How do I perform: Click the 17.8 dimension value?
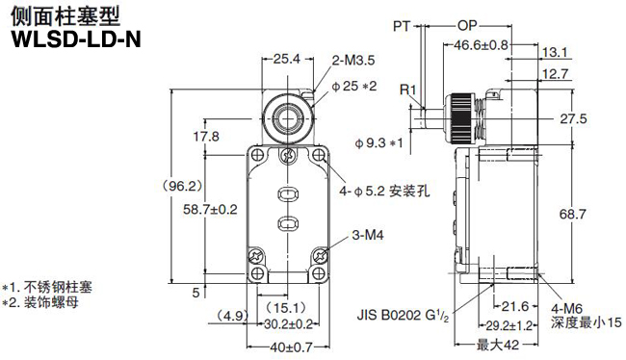206,136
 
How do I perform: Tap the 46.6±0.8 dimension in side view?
481,44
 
